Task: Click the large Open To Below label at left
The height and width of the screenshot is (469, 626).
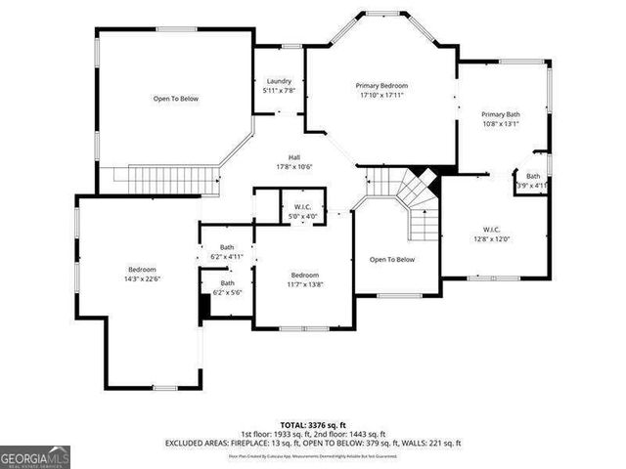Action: point(175,99)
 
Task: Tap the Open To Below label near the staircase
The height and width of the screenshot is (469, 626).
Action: point(391,260)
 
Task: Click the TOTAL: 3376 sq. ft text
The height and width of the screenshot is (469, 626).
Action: point(312,425)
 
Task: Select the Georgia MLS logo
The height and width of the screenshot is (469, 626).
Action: point(35,456)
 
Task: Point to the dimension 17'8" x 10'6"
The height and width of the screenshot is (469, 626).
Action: point(293,166)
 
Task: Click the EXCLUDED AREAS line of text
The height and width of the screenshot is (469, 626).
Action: point(312,443)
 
